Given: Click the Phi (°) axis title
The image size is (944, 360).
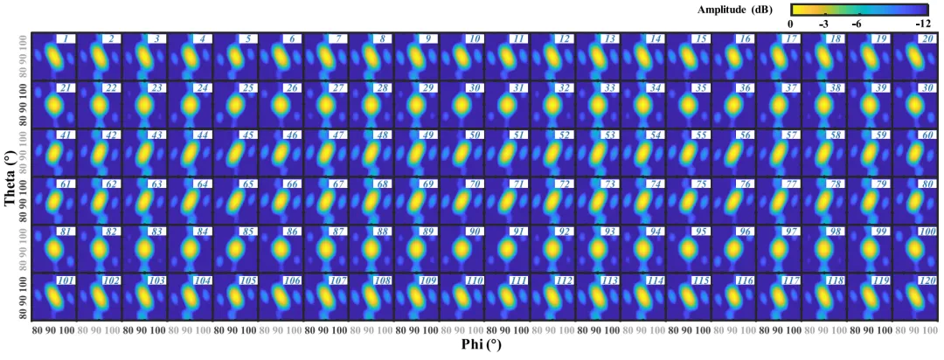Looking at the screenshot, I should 481,345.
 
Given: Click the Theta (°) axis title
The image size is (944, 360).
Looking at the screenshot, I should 10,177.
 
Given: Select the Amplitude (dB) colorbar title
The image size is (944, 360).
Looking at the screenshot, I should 734,10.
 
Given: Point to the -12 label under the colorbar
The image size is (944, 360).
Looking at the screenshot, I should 922,24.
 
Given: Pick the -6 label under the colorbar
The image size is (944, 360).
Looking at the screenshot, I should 857,24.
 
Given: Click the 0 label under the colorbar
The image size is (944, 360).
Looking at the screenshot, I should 790,24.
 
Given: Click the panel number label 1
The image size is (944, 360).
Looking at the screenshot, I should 66,39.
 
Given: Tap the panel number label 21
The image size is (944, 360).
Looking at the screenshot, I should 66,88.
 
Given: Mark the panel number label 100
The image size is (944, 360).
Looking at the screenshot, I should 926,231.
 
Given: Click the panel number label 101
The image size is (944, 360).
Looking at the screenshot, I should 66,280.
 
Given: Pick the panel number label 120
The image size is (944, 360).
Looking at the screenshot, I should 926,280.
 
